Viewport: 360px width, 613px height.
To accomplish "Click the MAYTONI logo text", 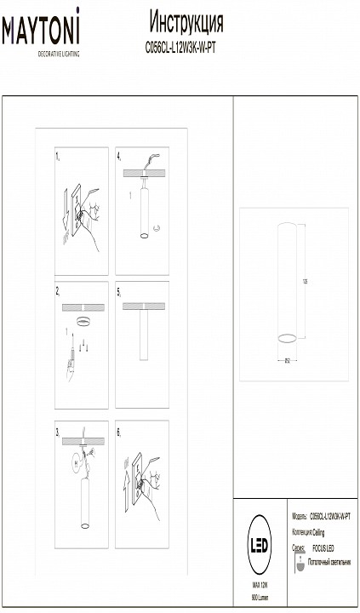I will pyautogui.click(x=41, y=33).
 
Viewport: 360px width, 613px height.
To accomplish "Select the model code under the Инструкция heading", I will pyautogui.click(x=186, y=49).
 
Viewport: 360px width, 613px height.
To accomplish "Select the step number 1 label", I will pyautogui.click(x=57, y=158).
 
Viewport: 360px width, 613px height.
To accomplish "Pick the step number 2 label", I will pyautogui.click(x=57, y=290).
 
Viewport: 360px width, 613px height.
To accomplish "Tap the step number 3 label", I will pyautogui.click(x=57, y=432).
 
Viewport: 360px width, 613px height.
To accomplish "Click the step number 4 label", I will pyautogui.click(x=119, y=158).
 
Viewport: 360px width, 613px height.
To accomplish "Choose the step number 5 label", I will pyautogui.click(x=119, y=290).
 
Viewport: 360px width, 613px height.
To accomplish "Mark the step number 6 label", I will pyautogui.click(x=119, y=432).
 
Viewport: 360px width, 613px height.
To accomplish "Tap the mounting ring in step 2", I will pyautogui.click(x=83, y=320).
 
